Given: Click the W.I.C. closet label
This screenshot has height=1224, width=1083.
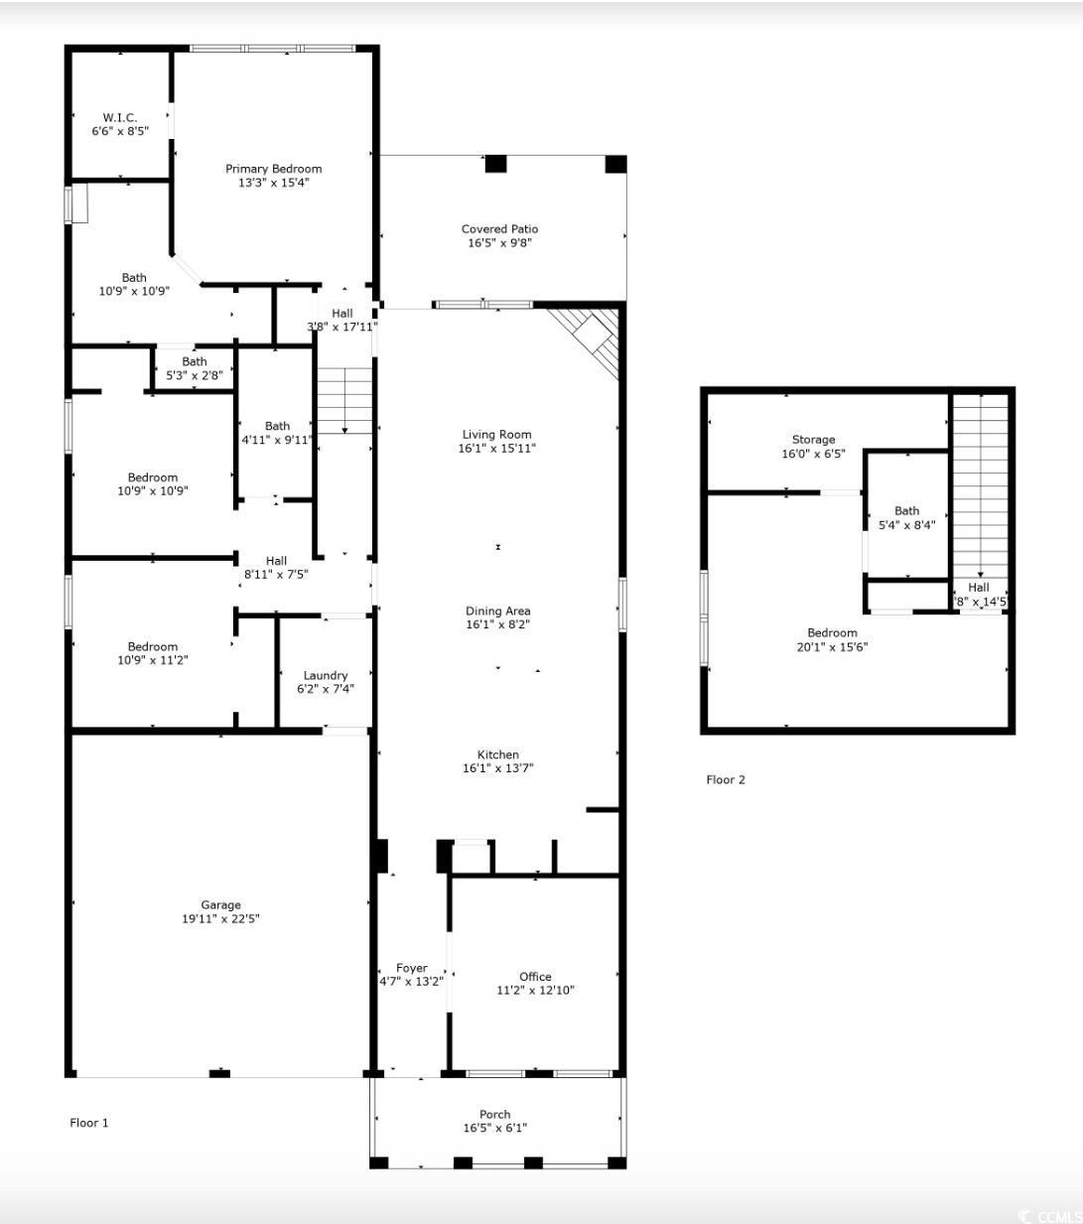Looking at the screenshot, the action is [119, 118].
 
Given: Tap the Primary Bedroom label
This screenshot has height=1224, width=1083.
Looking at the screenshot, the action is [274, 169].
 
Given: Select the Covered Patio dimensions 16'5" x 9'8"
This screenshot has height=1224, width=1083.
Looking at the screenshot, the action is [499, 243].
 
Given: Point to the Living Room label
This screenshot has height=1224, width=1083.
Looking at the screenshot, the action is [496, 435].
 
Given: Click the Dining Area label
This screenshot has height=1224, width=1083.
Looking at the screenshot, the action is [497, 611].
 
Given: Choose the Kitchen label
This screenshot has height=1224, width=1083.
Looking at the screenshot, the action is [497, 754].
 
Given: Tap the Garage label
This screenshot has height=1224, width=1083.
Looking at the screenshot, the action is [220, 905].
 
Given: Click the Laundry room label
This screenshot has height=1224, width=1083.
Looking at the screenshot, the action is [325, 675].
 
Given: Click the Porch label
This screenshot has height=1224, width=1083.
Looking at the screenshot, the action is [494, 1114].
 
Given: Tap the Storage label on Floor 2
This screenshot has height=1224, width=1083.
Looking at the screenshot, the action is [813, 440].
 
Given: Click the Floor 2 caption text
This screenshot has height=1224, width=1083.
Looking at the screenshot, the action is [726, 780].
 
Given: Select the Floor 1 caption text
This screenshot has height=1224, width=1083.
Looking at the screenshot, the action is [88, 1123].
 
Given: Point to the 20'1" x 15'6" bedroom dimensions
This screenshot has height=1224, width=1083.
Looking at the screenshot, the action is [832, 646].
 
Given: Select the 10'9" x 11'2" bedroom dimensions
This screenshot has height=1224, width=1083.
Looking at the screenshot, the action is [152, 660].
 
